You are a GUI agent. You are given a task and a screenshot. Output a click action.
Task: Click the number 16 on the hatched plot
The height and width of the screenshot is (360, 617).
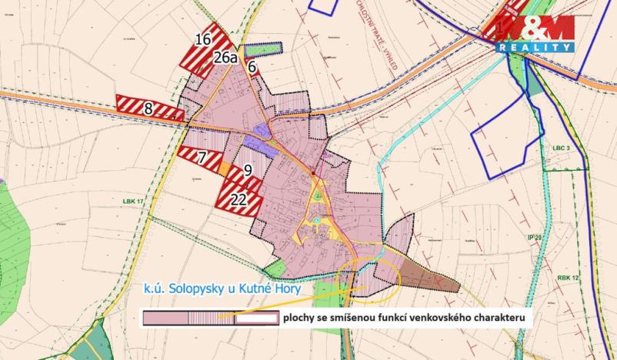point(203,40)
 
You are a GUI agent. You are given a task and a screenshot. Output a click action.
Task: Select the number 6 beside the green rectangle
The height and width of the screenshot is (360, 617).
point(251,68)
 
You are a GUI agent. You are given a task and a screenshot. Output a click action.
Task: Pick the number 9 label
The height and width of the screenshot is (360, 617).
point(248,171)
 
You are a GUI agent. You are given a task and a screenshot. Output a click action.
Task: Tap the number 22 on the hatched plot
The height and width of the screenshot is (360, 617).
point(239,199)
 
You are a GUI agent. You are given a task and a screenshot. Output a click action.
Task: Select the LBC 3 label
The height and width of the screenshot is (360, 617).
point(558,147)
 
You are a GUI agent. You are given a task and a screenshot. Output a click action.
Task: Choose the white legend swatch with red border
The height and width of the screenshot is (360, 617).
point(256,318)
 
